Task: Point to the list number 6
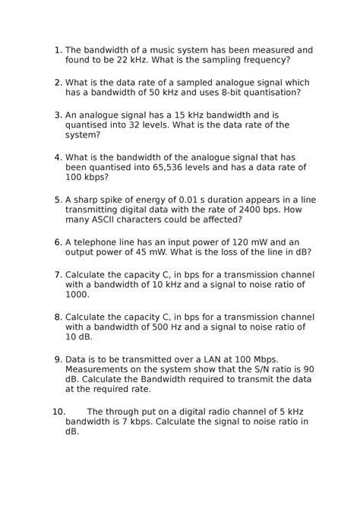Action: click(58, 242)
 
